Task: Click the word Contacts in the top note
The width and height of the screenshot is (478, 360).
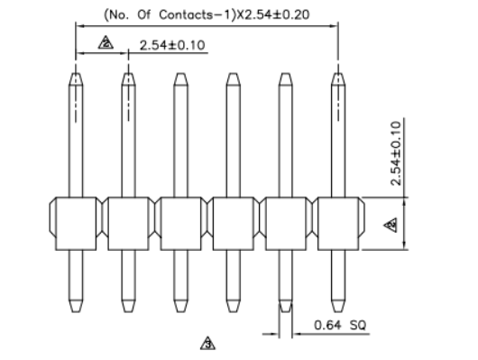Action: point(194,14)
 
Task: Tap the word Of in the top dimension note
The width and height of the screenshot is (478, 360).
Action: point(144,14)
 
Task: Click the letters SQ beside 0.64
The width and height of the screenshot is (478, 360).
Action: point(358,325)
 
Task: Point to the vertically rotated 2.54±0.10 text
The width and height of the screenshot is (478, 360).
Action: point(396,153)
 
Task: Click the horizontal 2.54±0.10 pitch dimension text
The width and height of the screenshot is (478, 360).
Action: point(172,45)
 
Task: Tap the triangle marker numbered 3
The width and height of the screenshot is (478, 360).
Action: point(207,343)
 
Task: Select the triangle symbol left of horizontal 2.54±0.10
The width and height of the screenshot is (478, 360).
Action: point(106,42)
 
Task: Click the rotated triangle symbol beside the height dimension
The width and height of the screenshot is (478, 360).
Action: point(391,226)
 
